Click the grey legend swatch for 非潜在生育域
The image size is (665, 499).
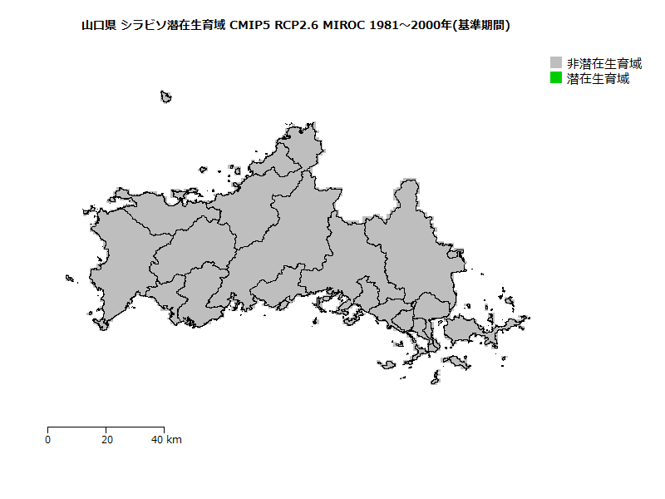[556, 63]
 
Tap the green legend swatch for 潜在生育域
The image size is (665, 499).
[556, 78]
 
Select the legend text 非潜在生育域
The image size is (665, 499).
[604, 63]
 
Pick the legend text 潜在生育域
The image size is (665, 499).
[598, 79]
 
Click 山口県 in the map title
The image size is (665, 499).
[99, 26]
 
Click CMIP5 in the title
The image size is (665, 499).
[249, 26]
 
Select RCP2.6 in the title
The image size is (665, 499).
[296, 26]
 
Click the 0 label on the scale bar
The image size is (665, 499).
[48, 439]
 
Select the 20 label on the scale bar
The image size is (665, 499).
[106, 439]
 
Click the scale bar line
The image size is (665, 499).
[106, 427]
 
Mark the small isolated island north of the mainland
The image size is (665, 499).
[166, 96]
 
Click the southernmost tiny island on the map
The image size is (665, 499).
[435, 378]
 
